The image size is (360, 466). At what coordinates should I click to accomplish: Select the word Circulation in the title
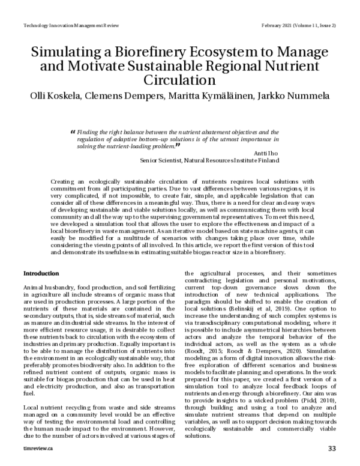click(x=179, y=79)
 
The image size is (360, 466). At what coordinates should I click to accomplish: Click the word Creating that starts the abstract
click(x=64, y=181)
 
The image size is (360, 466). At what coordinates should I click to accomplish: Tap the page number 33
click(x=332, y=449)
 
